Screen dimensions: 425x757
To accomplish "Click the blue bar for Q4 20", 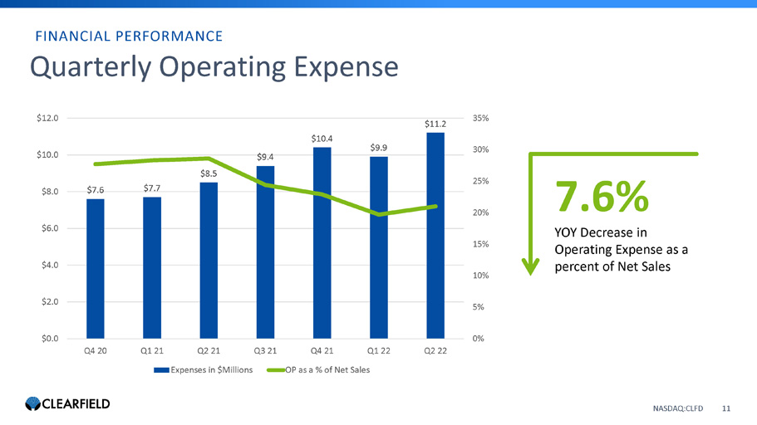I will coord(95,268).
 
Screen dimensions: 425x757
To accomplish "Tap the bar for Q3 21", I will coord(265,252).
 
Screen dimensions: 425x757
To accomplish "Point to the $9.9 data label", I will coord(379,148).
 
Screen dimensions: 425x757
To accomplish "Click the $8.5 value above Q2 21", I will coord(209,173).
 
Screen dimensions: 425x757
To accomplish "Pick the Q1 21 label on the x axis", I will coord(152,351).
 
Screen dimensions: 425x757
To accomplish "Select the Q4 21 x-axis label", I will coord(322,351).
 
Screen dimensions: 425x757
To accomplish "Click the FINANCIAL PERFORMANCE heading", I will coord(128,36).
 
